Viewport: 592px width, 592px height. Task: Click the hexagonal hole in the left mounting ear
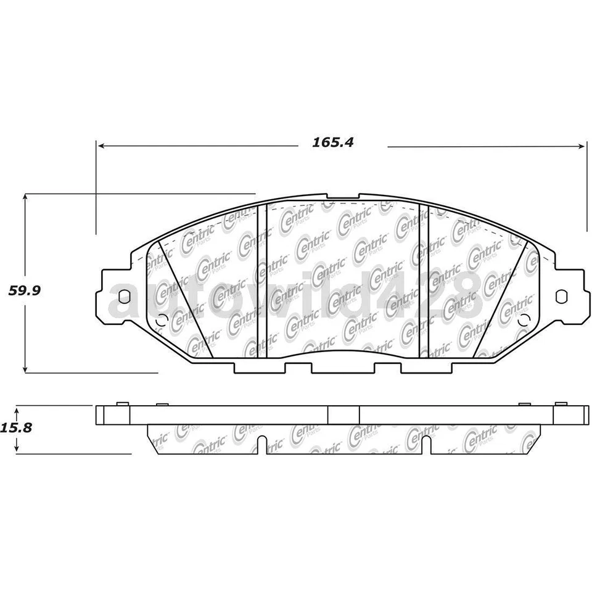123,296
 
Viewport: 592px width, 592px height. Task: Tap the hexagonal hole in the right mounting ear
561,296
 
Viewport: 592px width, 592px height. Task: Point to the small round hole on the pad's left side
162,321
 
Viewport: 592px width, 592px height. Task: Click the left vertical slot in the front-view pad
261,281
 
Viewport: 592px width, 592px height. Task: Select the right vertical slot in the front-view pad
423,281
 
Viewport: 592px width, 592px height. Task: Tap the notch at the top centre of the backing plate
343,199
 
